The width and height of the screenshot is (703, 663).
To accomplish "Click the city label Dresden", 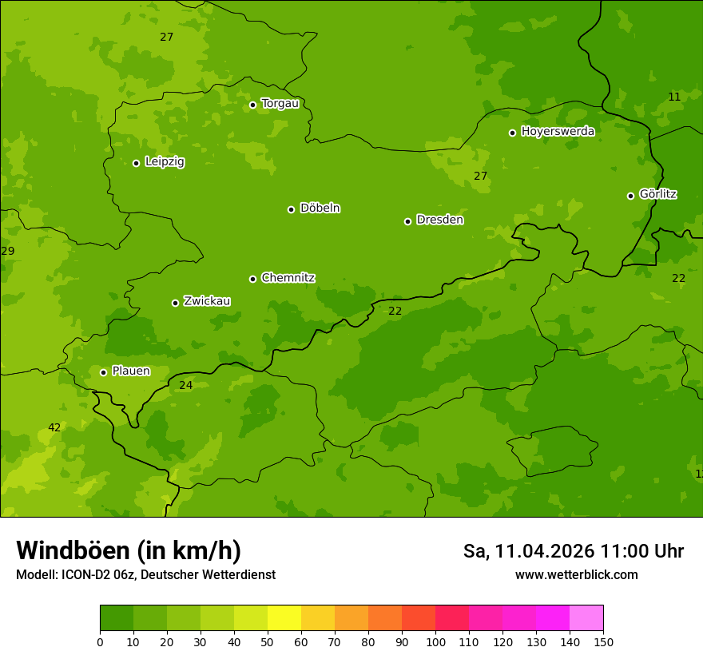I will (439, 220).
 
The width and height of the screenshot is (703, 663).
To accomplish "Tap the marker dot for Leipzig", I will (136, 163).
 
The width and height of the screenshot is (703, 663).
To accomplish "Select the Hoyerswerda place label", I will (558, 131).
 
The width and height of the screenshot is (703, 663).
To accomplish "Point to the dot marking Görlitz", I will (630, 196).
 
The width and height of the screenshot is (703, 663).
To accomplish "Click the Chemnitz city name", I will (288, 278).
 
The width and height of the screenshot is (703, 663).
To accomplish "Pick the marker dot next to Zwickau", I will (175, 303).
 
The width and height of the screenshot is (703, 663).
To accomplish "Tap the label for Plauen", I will (130, 371).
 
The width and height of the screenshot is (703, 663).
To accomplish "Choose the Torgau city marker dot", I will (252, 105).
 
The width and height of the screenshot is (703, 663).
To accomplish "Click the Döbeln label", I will (320, 208).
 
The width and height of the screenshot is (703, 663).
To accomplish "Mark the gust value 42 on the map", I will (54, 427).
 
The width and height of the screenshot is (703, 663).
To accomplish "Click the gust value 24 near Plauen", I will (185, 385).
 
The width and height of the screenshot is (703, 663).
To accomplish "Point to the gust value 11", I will (674, 97).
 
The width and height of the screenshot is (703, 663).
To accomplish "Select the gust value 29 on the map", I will (8, 251).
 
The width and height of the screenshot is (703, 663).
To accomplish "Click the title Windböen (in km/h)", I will (129, 550).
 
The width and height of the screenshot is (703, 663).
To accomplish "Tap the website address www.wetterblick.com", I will (576, 574).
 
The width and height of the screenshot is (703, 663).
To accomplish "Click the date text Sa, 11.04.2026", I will (528, 551).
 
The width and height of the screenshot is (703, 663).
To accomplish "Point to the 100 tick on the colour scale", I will (435, 641).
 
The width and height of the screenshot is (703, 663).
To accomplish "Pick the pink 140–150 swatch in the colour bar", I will (586, 617).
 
